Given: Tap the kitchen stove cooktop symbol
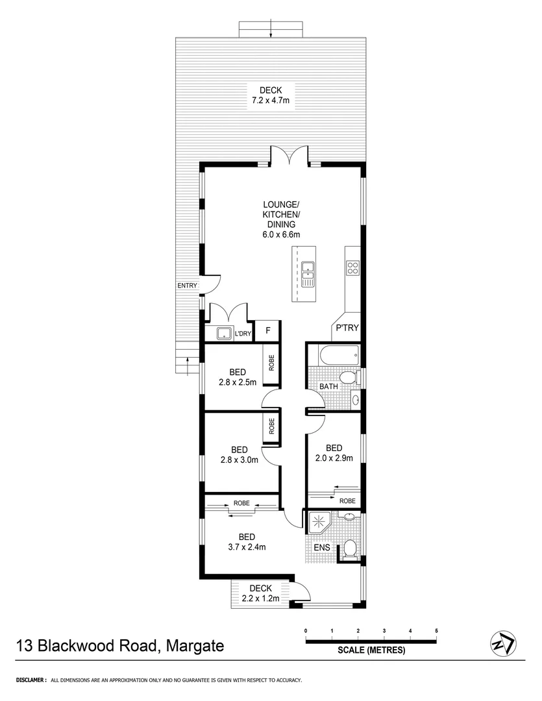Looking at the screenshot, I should coord(353,267).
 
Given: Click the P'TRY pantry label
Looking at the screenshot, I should coord(347,328).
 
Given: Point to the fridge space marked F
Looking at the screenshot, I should coord(267,331).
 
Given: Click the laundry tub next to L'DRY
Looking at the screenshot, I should coord(225,334).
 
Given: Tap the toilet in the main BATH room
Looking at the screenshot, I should coord(349,378).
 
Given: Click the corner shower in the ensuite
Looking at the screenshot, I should coord(319,522).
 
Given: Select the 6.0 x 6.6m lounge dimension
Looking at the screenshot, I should coord(280,234).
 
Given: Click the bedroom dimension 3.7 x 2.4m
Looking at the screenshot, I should coord(246,547).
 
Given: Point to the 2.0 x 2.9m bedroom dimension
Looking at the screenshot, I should coord(334,458).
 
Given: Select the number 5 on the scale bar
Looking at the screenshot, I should coord(437,630).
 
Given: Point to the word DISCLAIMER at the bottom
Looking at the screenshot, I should coord(27,680).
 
